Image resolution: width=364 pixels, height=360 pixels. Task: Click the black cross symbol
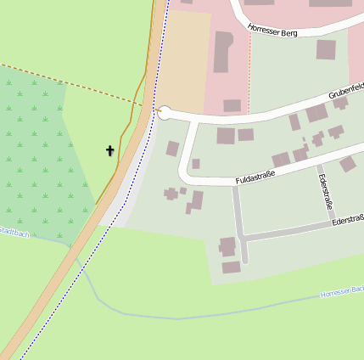[x=109, y=151]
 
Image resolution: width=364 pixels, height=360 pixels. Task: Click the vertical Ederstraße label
[x=324, y=192]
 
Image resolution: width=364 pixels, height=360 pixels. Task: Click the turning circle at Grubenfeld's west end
[x=165, y=113]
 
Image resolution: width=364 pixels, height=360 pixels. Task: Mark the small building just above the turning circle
[x=232, y=105]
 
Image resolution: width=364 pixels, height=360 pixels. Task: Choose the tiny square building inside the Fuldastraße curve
[x=196, y=163]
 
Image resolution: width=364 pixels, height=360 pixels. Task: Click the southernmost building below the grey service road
[x=232, y=267]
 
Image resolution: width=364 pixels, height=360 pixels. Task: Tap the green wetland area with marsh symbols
[x=38, y=153]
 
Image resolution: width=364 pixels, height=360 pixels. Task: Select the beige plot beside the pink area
[x=185, y=59]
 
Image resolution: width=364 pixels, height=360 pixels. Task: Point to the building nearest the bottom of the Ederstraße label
[x=348, y=164]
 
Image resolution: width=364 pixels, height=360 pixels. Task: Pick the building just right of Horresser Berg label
[x=326, y=49]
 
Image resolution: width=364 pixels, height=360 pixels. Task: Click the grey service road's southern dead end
[x=245, y=259]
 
